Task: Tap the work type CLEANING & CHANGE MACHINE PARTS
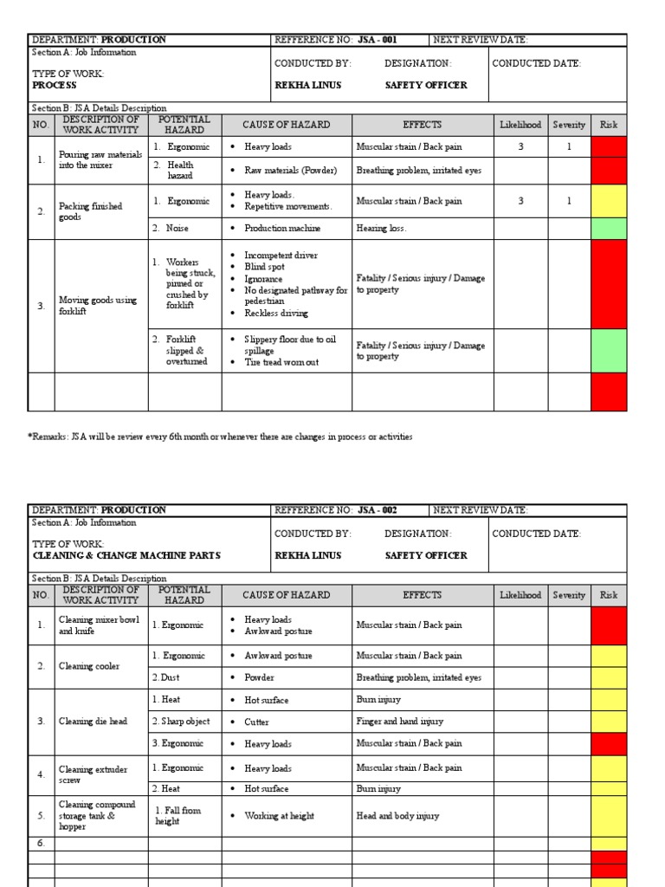click(127, 555)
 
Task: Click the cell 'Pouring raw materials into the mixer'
click(100, 159)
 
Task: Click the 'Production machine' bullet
click(282, 229)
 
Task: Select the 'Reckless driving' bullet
click(276, 313)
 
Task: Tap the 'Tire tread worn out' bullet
click(281, 362)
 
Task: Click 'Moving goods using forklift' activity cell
click(97, 306)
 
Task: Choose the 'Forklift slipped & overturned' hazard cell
click(185, 351)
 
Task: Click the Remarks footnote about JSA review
click(221, 437)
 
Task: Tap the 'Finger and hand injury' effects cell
click(399, 722)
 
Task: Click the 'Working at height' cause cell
click(279, 816)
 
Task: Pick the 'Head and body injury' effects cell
click(397, 816)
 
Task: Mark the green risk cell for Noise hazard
click(608, 229)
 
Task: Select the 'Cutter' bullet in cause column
click(256, 722)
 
